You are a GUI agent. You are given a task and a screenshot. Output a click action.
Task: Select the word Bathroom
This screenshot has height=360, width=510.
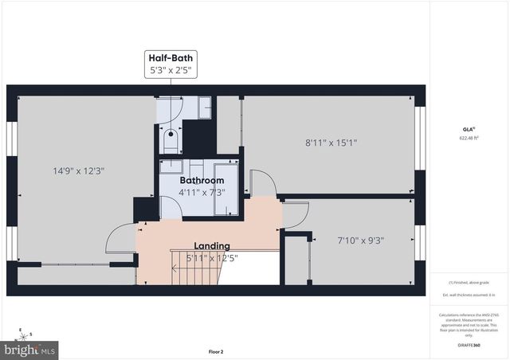point(202,181)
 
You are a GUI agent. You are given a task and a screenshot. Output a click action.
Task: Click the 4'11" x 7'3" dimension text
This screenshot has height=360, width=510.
point(202,192)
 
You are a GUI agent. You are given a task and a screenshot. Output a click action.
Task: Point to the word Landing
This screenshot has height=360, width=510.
point(212,246)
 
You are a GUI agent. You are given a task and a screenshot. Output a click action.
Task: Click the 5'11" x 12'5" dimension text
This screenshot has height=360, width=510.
point(212,257)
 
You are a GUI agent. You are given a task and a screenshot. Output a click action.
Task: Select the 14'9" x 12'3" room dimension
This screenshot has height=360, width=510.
point(79,170)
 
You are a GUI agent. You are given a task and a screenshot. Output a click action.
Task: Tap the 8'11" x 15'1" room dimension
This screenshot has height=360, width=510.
point(331,143)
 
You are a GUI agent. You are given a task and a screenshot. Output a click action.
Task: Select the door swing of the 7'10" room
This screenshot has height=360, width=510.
point(296,216)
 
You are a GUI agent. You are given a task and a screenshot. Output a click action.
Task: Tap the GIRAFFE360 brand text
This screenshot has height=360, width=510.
point(469,346)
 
